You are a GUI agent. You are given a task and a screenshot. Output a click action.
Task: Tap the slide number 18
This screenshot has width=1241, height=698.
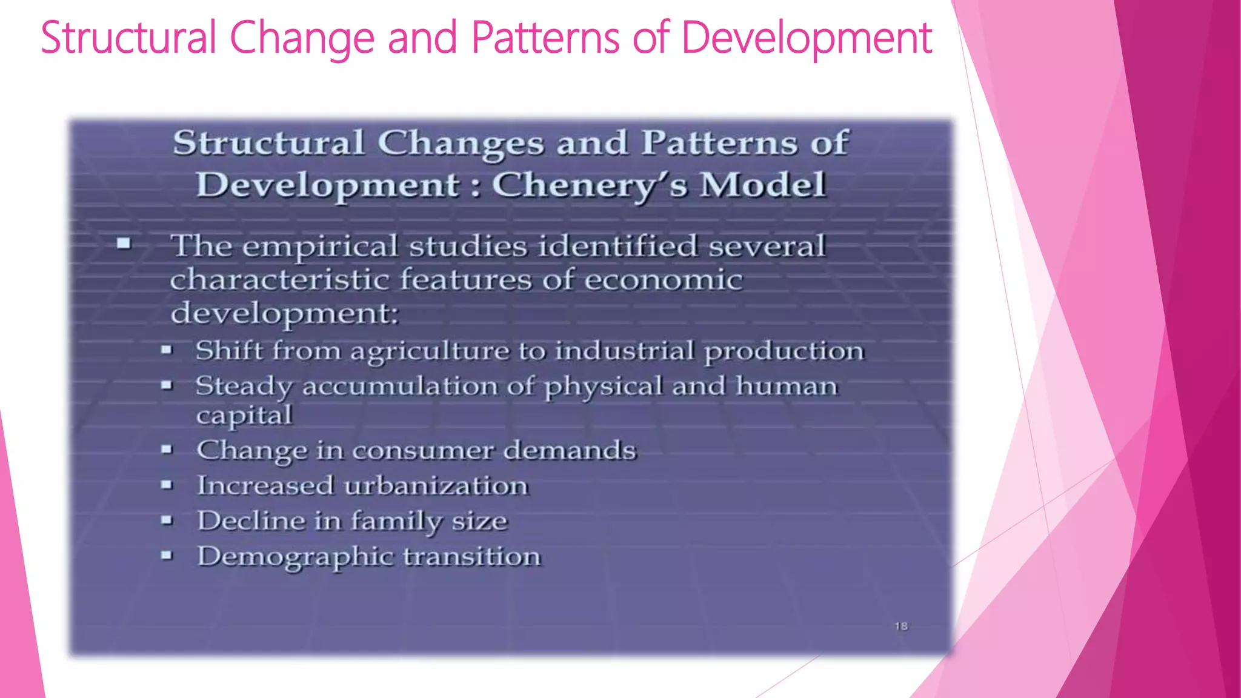pos(901,626)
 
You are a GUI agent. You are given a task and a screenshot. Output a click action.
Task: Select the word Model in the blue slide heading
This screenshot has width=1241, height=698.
pos(763,185)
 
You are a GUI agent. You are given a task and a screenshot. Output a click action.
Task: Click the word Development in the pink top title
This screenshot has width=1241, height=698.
pos(806,38)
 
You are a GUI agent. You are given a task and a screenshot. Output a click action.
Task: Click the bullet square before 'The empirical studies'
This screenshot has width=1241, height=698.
pos(124,244)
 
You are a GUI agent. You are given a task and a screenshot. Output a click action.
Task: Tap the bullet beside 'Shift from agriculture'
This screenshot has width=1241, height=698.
pos(167,350)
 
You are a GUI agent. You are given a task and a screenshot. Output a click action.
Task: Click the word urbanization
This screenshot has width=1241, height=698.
pos(436,486)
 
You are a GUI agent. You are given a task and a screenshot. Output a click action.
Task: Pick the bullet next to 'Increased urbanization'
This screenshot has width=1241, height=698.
pos(167,485)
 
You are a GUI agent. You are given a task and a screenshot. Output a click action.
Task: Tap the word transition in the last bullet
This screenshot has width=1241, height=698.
pos(472,556)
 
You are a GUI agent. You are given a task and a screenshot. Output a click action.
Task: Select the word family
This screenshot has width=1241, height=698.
pos(397,522)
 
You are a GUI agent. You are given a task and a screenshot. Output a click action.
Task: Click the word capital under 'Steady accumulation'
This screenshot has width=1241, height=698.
pos(244,416)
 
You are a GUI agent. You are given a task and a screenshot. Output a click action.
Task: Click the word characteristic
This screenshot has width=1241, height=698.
pos(279,280)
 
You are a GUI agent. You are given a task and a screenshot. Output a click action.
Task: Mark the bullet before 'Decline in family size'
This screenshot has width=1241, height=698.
pos(167,520)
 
